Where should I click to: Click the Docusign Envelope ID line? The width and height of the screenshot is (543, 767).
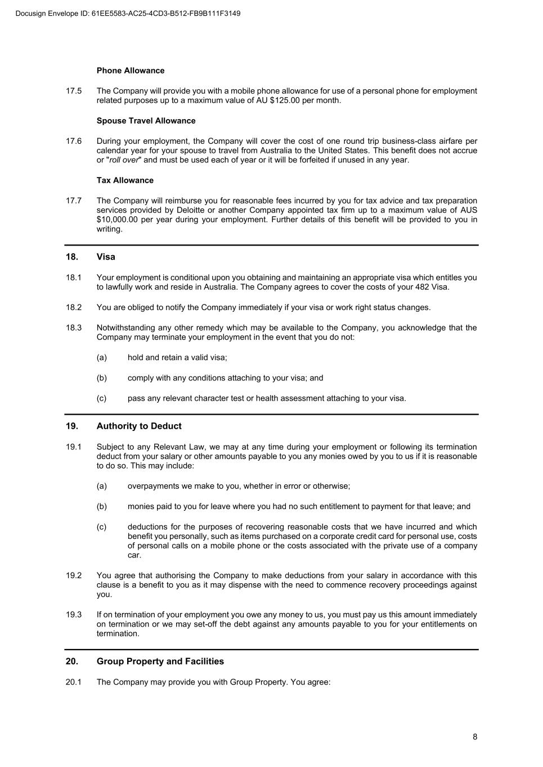click(128, 13)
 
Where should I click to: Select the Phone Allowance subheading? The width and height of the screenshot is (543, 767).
click(131, 71)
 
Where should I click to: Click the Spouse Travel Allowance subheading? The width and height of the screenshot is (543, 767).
click(146, 121)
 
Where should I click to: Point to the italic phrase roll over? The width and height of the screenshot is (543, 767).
click(124, 160)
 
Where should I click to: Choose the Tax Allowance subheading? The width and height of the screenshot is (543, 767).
click(125, 180)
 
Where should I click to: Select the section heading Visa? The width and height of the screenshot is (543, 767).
click(106, 257)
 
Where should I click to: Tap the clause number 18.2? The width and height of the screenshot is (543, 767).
click(74, 307)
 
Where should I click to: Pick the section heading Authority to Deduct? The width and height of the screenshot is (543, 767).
click(139, 426)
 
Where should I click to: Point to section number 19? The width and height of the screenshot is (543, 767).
click(71, 426)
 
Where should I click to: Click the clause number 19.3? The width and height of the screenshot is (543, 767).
click(74, 615)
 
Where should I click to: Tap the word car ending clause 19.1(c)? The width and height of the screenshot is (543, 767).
click(134, 556)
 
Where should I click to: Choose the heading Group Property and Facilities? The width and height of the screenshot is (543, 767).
click(160, 661)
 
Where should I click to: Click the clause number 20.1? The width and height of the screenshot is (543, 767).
click(74, 682)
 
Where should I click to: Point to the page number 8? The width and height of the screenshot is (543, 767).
click(475, 737)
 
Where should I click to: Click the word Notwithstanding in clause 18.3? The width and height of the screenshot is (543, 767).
click(125, 328)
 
